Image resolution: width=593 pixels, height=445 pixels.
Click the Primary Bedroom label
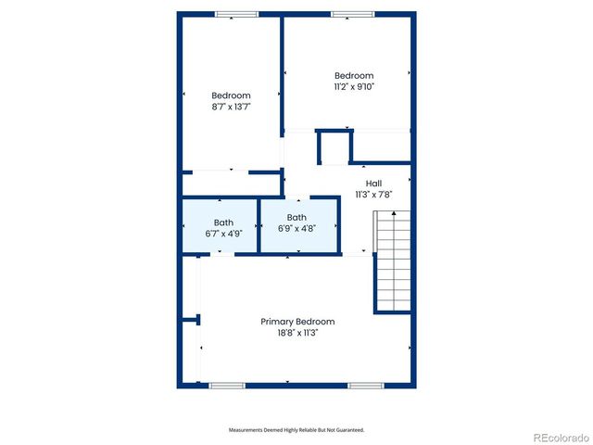tap(296, 322)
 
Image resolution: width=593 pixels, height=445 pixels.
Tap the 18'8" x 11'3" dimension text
tap(296, 333)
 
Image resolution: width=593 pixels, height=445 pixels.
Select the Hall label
tap(373, 184)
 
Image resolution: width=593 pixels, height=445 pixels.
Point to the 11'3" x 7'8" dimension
tap(373, 195)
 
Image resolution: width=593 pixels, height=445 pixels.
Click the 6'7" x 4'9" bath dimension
tap(223, 234)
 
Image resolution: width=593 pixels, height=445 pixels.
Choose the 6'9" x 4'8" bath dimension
tap(296, 229)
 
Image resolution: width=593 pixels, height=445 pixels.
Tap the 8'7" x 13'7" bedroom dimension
tap(231, 107)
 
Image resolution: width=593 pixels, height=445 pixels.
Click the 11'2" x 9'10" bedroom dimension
tap(353, 86)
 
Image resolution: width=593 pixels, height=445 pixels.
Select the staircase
tap(392, 262)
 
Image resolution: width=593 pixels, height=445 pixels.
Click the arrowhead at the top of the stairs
tap(392, 214)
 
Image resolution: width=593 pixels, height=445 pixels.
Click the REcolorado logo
tap(559, 437)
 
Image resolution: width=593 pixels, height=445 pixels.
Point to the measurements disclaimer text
tap(296, 430)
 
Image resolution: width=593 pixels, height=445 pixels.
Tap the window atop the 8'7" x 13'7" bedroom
tap(237, 14)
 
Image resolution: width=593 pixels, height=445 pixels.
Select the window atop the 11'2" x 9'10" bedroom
tap(353, 14)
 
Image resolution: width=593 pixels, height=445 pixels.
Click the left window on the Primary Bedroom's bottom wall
tap(226, 385)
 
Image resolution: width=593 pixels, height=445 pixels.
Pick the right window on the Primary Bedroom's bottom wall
tap(366, 385)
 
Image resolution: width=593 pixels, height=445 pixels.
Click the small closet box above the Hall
tap(334, 147)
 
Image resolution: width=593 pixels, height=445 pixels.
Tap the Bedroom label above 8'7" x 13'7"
tap(231, 95)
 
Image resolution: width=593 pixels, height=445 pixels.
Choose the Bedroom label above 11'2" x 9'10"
tap(353, 76)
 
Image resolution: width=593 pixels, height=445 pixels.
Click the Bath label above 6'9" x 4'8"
tap(296, 218)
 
